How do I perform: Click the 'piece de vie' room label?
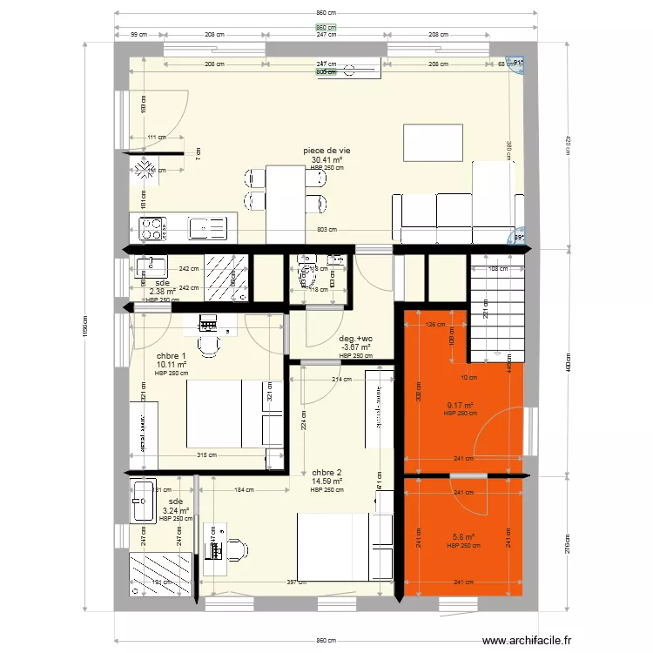pos(326,151)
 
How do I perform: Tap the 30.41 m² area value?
pos(326,160)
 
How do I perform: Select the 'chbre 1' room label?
pos(172,356)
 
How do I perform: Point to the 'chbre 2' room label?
pos(326,473)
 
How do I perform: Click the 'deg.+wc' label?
pos(356,339)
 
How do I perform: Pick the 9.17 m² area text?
pos(459,405)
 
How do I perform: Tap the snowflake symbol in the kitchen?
pos(145,170)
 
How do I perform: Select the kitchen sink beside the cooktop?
pos(207,228)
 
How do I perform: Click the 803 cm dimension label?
pos(327,229)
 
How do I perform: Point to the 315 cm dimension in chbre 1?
pos(206,454)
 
